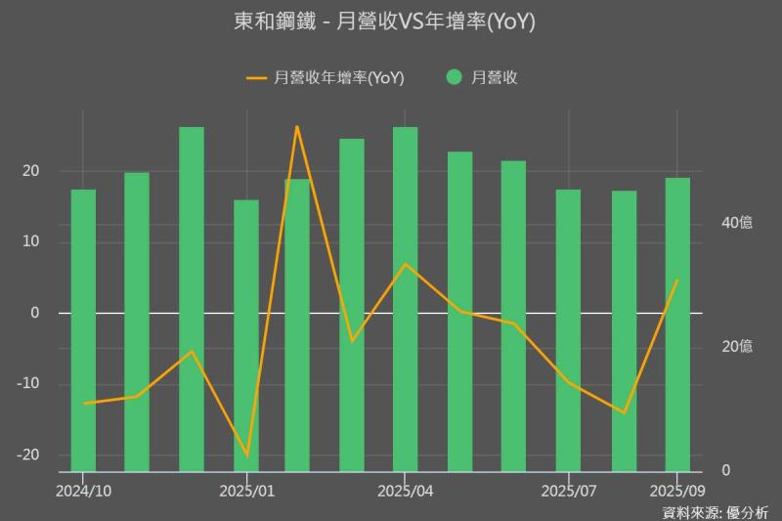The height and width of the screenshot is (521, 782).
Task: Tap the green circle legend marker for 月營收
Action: click(x=455, y=77)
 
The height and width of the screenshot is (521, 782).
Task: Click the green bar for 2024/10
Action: click(x=83, y=332)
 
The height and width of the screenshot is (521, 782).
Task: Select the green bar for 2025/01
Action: click(x=246, y=337)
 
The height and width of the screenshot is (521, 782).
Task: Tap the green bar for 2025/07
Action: click(x=568, y=332)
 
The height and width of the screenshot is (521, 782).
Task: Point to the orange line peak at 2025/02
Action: click(x=297, y=126)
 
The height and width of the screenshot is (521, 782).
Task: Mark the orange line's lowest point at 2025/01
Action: click(x=246, y=456)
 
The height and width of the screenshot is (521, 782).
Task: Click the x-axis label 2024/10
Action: click(x=83, y=489)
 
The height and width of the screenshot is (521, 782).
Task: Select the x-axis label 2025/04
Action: click(x=405, y=489)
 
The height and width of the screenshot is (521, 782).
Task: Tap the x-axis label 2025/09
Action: click(x=677, y=489)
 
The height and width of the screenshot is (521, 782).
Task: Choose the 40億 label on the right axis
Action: click(x=736, y=223)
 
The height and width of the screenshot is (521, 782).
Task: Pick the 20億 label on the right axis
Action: click(x=736, y=347)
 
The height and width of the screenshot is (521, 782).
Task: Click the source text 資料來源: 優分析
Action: click(x=715, y=511)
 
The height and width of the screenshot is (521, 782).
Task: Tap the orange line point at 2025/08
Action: click(x=624, y=412)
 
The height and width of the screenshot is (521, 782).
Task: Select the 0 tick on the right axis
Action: click(x=724, y=471)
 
